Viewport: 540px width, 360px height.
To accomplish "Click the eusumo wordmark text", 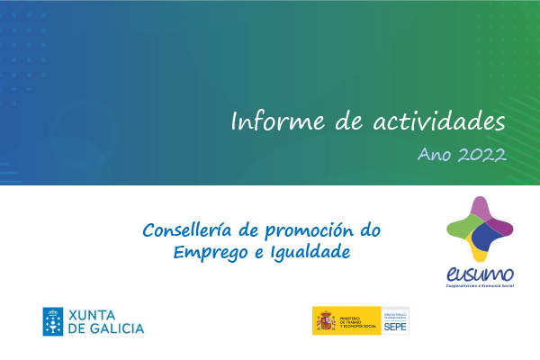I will point(480,274).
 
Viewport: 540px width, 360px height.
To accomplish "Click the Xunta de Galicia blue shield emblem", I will point(53,320).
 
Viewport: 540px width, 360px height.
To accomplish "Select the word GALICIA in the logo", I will point(114,328).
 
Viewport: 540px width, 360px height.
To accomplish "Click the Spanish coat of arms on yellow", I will point(324,320).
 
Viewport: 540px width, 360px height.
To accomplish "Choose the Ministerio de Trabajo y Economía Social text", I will point(359,321).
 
